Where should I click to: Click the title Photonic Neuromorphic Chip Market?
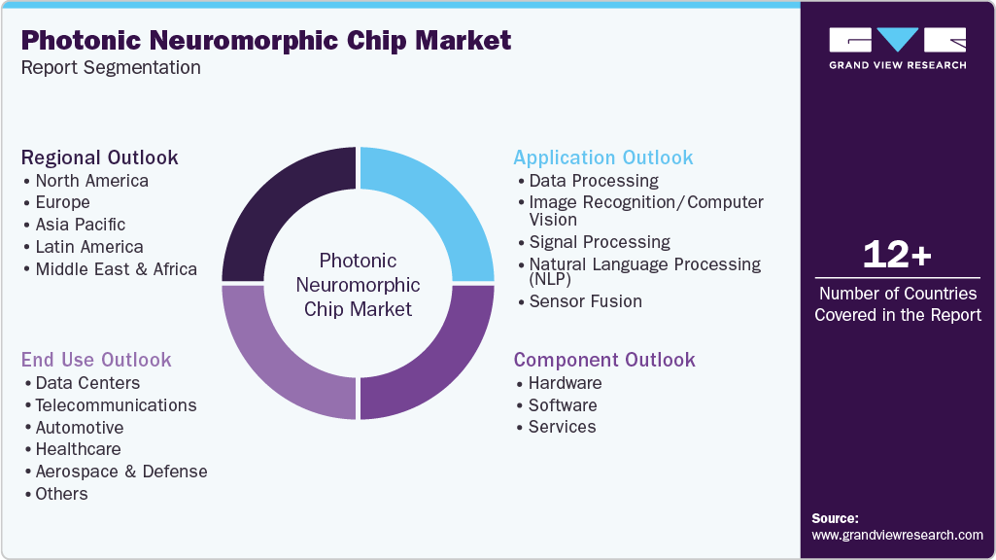pos(265,41)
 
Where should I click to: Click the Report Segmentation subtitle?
pos(111,67)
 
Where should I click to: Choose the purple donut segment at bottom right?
pos(428,355)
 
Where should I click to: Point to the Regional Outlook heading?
pos(100,157)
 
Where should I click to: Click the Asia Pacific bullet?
pos(81,225)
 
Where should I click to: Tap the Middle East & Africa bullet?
pos(116,269)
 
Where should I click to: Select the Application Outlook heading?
pos(603,157)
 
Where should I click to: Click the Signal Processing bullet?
pos(600,242)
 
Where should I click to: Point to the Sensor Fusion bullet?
pos(585,301)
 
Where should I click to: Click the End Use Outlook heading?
pos(96,360)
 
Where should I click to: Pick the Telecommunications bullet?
pos(116,405)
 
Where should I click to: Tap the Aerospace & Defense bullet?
pos(121,472)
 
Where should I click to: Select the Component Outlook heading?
pos(604,360)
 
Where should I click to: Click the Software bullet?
pos(563,405)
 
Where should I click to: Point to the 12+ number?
pos(897,255)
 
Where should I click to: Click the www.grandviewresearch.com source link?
pos(897,535)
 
